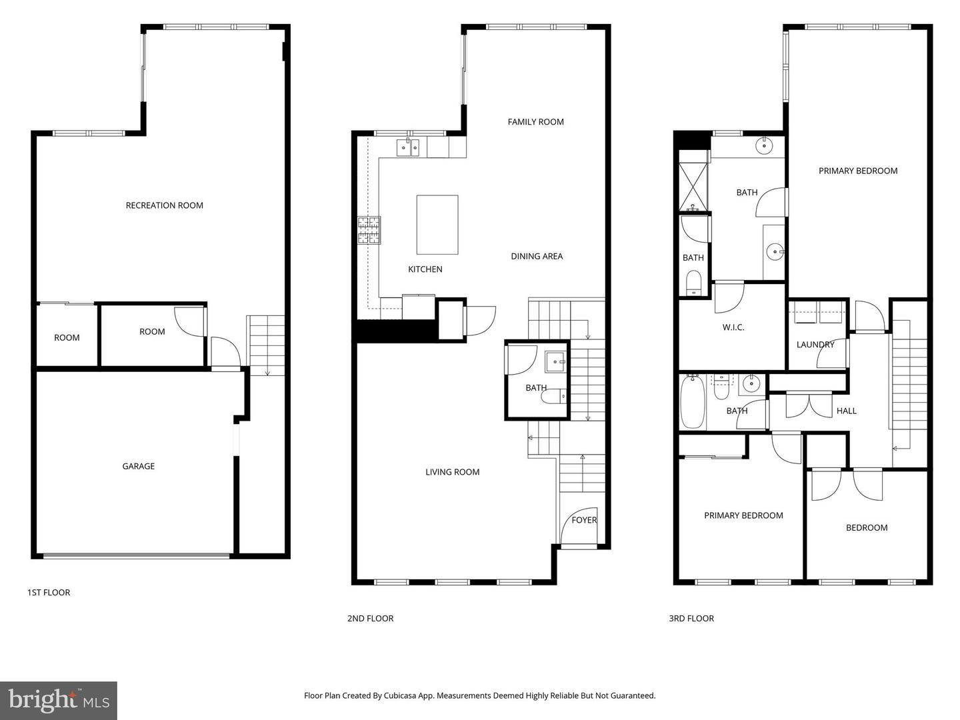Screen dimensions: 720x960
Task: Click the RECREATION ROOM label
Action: [164, 205]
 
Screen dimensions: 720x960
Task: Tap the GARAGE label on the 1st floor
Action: [138, 466]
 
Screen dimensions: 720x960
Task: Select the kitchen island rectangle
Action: [437, 225]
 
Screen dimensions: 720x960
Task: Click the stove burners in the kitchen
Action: [369, 231]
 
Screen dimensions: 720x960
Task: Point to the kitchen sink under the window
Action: [407, 147]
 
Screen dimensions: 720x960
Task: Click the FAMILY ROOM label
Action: [535, 121]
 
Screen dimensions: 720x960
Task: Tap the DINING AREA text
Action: [537, 256]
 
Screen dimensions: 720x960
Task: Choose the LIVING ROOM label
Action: [452, 472]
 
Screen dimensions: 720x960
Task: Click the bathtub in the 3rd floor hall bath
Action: [692, 403]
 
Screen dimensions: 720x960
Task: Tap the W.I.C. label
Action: [733, 327]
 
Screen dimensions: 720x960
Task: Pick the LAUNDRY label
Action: [815, 345]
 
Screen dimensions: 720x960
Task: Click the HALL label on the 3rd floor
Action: [846, 411]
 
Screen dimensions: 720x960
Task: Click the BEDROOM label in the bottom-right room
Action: [866, 527]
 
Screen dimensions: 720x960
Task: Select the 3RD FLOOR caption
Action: [691, 618]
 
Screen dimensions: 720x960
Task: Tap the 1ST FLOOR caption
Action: [48, 592]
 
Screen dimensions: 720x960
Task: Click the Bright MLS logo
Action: [59, 700]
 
